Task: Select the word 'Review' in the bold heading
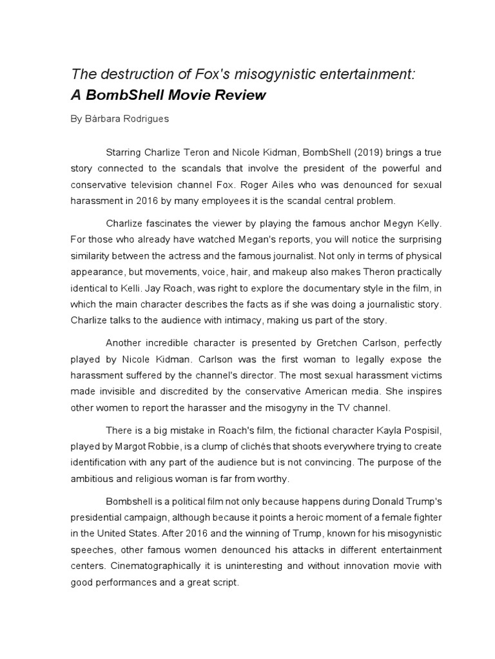point(239,96)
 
